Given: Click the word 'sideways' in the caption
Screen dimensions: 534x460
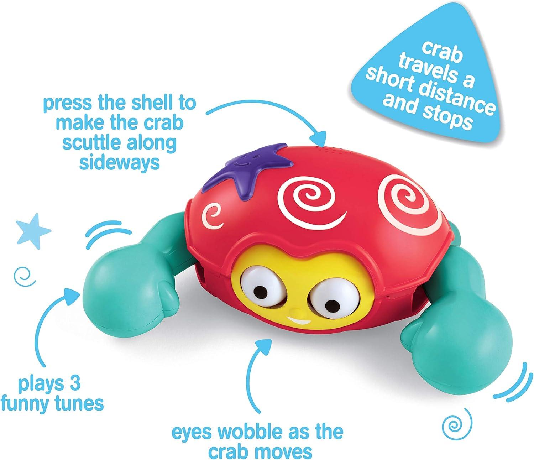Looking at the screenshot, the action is (119, 162).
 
